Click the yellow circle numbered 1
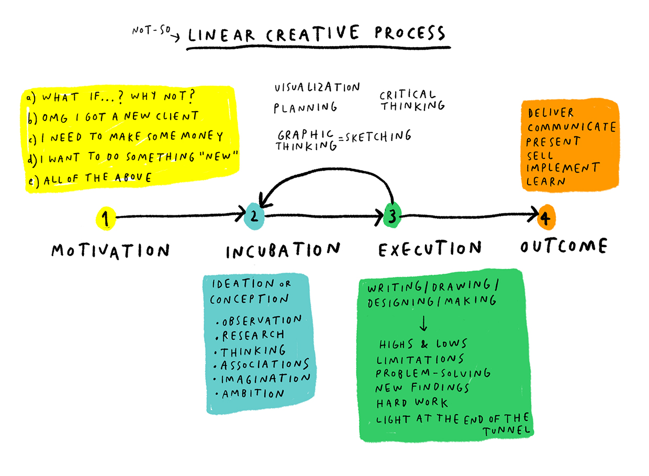pyautogui.click(x=106, y=219)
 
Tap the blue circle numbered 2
pyautogui.click(x=254, y=217)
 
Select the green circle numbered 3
pyautogui.click(x=393, y=215)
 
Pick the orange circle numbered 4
pyautogui.click(x=546, y=218)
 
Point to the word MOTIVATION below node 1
pyautogui.click(x=110, y=251)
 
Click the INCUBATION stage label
pyautogui.click(x=283, y=250)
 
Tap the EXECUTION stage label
pyautogui.click(x=430, y=248)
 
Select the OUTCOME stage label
pyautogui.click(x=564, y=246)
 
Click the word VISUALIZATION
pyautogui.click(x=317, y=87)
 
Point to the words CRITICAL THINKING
pyautogui.click(x=412, y=101)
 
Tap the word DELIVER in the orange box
pyautogui.click(x=551, y=113)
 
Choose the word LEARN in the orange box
pyautogui.click(x=545, y=182)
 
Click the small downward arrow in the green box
pyautogui.click(x=423, y=323)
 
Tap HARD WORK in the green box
pyautogui.click(x=412, y=403)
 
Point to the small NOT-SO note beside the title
pyautogui.click(x=151, y=30)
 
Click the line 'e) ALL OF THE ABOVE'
pyautogui.click(x=90, y=179)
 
